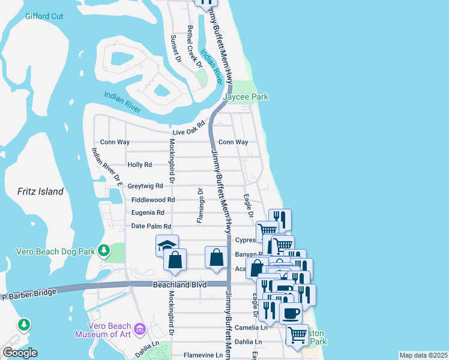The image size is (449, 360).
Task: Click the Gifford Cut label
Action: [x=44, y=16]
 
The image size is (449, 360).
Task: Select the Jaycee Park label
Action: [x=246, y=97]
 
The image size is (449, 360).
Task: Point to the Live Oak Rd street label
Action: [x=189, y=132]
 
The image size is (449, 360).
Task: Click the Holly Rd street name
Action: [x=140, y=164]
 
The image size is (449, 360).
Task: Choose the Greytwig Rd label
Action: [x=145, y=186]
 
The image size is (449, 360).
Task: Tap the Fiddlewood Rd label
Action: [x=153, y=200]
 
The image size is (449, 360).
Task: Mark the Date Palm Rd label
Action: [x=151, y=226]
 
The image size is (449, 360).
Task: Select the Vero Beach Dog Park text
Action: [x=56, y=251]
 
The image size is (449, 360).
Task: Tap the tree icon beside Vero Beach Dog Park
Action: [x=104, y=249]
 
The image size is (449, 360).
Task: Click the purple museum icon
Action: [x=140, y=328]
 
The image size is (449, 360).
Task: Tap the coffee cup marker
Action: [x=291, y=313]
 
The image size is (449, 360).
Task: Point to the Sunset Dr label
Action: [x=175, y=49]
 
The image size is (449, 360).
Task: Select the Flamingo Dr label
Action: [x=200, y=205]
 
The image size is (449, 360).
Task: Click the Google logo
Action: [x=20, y=353]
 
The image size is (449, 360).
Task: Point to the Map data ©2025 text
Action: [x=423, y=355]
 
